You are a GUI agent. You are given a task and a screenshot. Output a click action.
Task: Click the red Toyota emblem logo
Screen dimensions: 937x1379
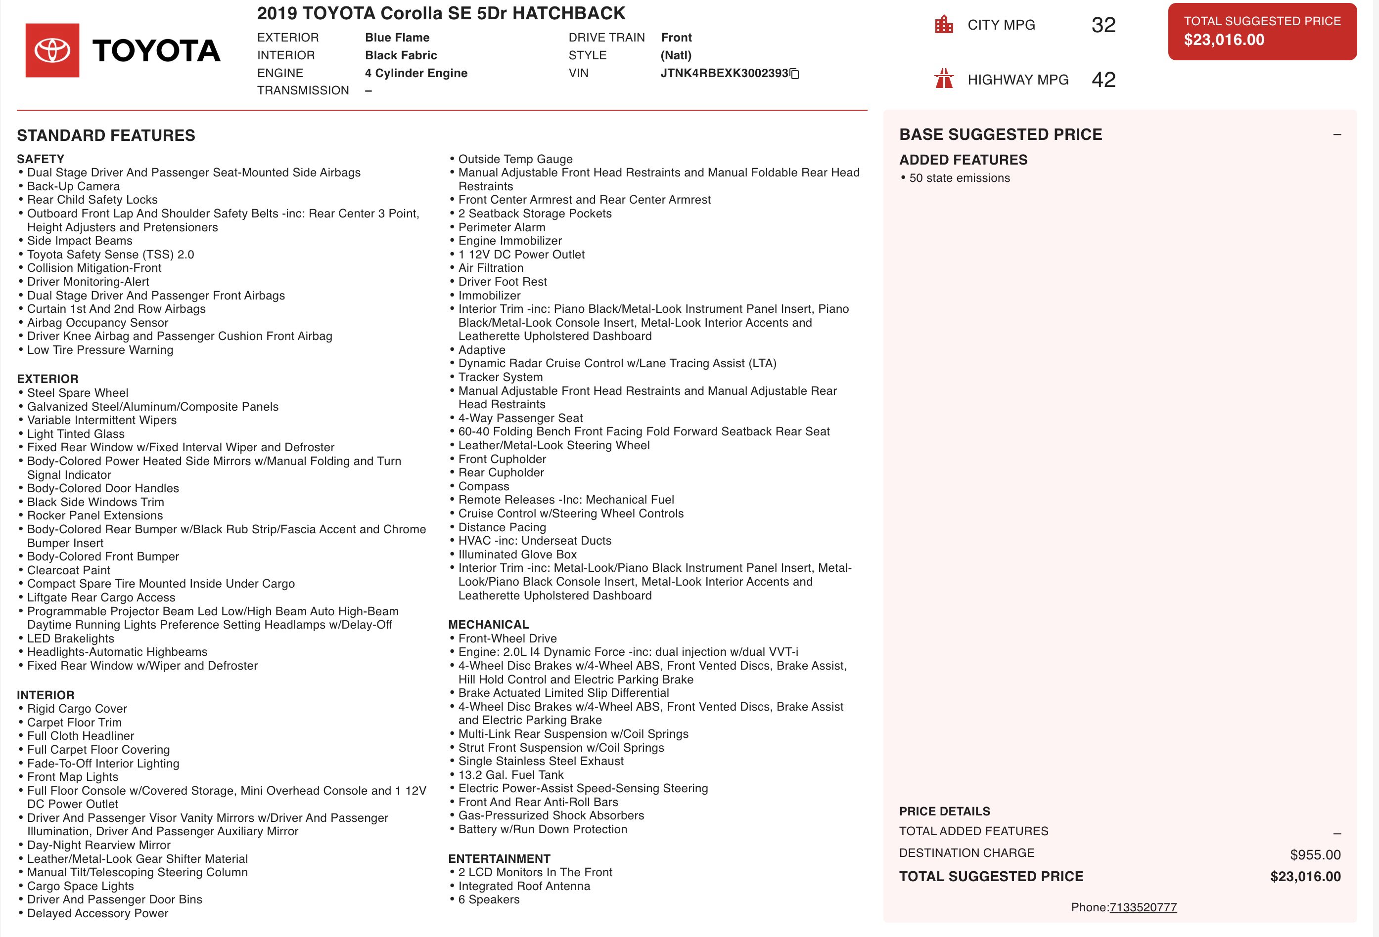(52, 50)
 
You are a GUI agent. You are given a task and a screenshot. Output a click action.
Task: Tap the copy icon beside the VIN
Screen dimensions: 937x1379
(795, 74)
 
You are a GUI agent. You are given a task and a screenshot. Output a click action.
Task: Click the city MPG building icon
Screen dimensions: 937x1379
(943, 25)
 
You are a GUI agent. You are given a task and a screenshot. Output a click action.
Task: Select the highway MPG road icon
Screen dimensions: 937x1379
(943, 79)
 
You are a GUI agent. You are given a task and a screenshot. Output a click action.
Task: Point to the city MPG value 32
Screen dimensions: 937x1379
(1103, 25)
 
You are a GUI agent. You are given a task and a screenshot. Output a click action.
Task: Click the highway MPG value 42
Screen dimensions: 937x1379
(1103, 80)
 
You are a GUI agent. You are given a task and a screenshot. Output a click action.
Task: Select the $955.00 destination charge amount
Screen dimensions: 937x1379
(1315, 854)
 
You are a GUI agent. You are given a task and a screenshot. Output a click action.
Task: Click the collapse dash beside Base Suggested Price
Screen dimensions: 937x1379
(1337, 134)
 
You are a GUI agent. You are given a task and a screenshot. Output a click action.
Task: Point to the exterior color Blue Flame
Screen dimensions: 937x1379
(397, 38)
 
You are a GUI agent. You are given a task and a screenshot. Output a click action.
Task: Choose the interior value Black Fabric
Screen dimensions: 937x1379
(401, 55)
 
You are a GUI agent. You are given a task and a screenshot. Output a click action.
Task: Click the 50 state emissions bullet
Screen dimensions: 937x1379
(959, 178)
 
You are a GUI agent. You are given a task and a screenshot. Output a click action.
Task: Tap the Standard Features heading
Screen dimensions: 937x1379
(106, 135)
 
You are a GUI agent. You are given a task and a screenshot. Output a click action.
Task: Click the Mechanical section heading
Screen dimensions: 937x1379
(488, 625)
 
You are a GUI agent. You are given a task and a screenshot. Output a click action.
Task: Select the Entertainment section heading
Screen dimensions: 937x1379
(499, 859)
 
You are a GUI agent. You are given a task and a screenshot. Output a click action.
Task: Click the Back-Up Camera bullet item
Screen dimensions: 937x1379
(73, 186)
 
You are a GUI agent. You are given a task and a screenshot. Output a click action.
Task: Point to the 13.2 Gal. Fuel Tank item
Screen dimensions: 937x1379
(510, 774)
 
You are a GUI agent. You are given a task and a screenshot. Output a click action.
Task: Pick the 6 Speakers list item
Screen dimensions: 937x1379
(488, 899)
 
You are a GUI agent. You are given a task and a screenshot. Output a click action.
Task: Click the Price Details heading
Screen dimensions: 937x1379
(944, 811)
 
